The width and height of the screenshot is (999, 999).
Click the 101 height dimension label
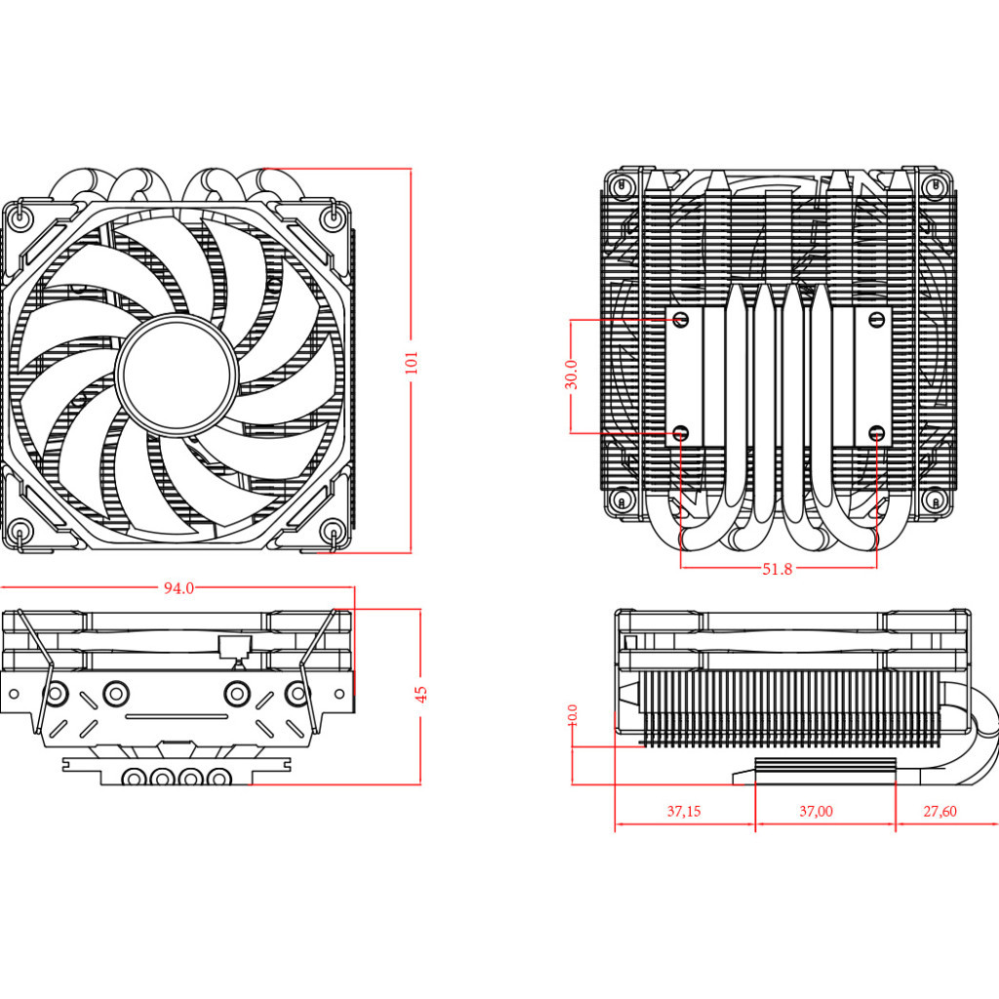tap(411, 362)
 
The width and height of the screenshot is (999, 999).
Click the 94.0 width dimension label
tap(179, 588)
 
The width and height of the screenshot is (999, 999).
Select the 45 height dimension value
tap(420, 694)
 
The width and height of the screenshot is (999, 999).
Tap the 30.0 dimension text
tap(572, 375)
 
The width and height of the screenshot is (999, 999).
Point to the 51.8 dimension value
tap(777, 569)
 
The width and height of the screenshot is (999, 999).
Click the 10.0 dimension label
tap(573, 715)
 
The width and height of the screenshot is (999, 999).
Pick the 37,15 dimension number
tap(684, 811)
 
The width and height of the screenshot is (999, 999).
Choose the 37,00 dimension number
tap(816, 811)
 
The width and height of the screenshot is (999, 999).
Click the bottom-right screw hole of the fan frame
tap(332, 532)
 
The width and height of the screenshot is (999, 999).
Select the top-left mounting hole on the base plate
tap(682, 319)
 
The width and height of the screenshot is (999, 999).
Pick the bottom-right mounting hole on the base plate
tap(875, 431)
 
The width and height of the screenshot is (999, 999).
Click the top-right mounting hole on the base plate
tap(875, 319)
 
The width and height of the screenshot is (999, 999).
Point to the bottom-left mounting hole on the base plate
tap(682, 431)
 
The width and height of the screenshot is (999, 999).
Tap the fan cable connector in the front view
tap(234, 646)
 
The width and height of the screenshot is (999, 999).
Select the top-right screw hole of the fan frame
tap(332, 220)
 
